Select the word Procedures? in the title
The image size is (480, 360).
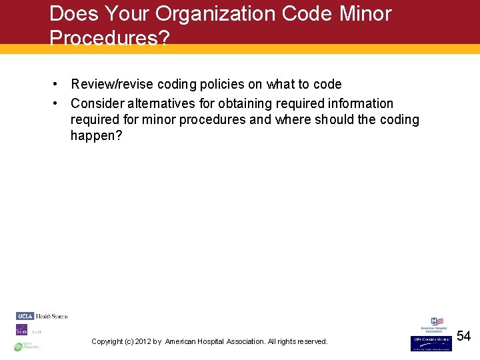(x=109, y=39)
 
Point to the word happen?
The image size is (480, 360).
(x=97, y=136)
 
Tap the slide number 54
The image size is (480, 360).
(x=463, y=337)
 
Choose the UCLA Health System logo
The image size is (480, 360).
(x=42, y=316)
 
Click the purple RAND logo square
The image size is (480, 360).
(x=21, y=330)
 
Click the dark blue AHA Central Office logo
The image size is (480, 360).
(x=430, y=343)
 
